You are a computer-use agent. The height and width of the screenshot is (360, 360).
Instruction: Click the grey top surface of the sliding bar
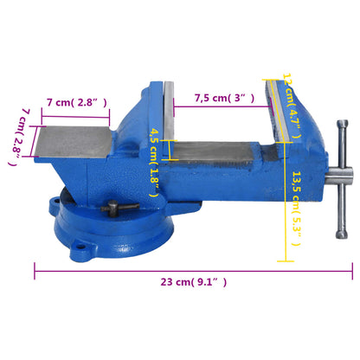(x=225, y=151)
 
